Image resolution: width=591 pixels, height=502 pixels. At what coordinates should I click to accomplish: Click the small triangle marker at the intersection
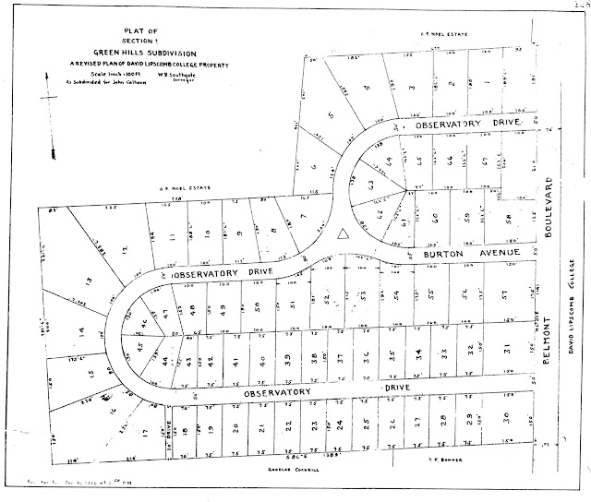click(x=344, y=235)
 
